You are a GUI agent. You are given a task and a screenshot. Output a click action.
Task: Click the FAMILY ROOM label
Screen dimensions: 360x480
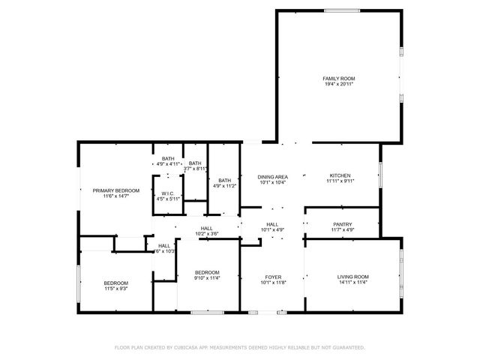coord(338,78)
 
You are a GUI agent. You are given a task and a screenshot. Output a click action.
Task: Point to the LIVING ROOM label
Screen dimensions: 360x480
coord(352,277)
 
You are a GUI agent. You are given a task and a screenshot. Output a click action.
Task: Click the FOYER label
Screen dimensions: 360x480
coord(272,277)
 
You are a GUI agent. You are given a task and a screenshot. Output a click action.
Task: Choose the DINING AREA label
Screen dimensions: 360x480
coord(273,175)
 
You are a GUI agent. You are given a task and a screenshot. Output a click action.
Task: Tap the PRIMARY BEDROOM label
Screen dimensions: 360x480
coord(116,190)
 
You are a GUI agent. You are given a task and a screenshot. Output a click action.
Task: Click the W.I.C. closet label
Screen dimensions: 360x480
coord(169,193)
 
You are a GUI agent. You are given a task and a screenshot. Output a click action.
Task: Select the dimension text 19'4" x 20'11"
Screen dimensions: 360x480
coord(338,84)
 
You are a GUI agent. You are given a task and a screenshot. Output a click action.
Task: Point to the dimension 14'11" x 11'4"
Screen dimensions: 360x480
coord(352,283)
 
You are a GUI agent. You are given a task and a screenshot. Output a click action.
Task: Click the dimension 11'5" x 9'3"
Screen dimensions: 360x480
coord(116,288)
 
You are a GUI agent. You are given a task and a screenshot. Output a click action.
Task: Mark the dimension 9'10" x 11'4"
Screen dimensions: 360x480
coord(207,277)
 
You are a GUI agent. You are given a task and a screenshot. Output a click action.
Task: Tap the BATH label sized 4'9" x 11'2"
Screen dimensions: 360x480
coord(225,180)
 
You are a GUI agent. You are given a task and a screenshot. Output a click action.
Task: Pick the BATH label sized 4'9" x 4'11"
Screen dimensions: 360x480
coord(168,158)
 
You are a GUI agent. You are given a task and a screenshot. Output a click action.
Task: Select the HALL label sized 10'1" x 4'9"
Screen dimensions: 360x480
coord(272,224)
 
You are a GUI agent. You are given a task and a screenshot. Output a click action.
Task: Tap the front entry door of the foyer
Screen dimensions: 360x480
coord(267,311)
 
